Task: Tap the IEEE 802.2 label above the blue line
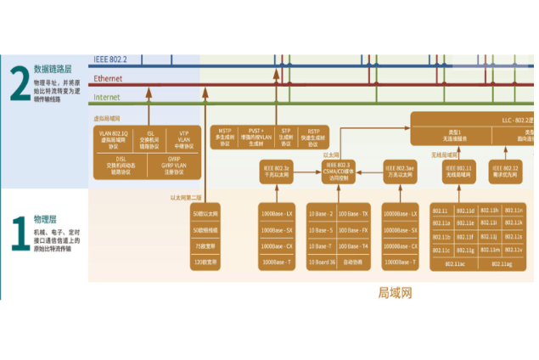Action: (x=110, y=59)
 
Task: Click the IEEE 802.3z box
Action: (x=276, y=172)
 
